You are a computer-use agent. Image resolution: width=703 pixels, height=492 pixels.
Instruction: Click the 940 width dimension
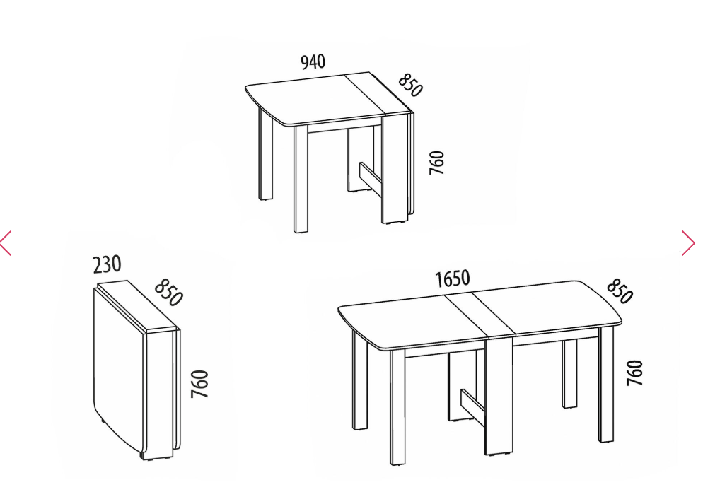pyautogui.click(x=313, y=61)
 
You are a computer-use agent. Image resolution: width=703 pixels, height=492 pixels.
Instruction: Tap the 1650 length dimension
pyautogui.click(x=453, y=279)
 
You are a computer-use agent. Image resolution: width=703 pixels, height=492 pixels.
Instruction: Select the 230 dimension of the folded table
pyautogui.click(x=108, y=264)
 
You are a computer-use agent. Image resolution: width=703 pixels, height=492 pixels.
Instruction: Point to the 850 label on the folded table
pyautogui.click(x=168, y=293)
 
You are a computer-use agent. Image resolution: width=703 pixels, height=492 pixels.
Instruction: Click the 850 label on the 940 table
pyautogui.click(x=409, y=85)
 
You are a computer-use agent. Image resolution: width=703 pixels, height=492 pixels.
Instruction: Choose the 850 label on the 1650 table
pyautogui.click(x=620, y=291)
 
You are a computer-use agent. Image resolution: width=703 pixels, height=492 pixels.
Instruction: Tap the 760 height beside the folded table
pyautogui.click(x=199, y=384)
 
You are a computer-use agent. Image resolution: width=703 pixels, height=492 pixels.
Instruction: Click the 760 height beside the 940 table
pyautogui.click(x=436, y=163)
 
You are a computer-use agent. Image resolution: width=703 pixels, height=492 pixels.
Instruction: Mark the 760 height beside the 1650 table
pyautogui.click(x=635, y=373)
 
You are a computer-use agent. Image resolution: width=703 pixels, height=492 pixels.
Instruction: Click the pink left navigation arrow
pyautogui.click(x=6, y=243)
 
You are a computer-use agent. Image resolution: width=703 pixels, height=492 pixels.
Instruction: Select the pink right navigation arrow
pyautogui.click(x=688, y=243)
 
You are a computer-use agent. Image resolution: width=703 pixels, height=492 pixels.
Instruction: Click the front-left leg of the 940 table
pyautogui.click(x=301, y=179)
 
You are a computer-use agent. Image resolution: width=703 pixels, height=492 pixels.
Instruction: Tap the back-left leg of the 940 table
pyautogui.click(x=265, y=153)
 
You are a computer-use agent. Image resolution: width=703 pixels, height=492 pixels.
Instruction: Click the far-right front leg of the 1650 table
pyautogui.click(x=607, y=384)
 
